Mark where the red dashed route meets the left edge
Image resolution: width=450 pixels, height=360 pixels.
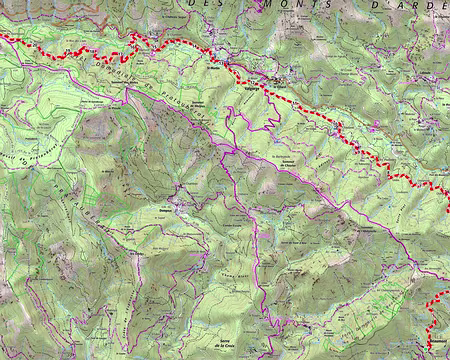click(2, 37)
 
